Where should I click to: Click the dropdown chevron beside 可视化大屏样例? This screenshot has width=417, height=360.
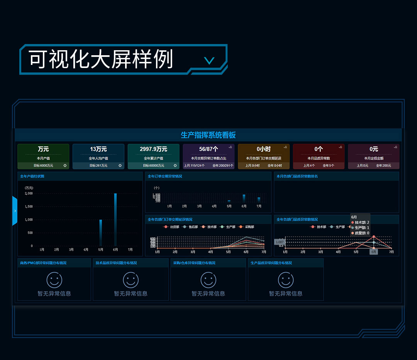click(209, 60)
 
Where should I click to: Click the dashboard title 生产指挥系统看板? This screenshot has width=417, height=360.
click(208, 135)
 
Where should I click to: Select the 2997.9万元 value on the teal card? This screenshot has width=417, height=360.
click(153, 149)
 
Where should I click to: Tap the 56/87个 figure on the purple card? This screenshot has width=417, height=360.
click(208, 149)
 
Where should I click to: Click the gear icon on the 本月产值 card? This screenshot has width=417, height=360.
click(65, 166)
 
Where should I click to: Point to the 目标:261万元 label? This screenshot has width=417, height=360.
click(98, 166)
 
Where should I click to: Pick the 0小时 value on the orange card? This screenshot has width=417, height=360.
click(264, 149)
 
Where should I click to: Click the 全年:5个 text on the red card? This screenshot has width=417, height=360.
click(329, 166)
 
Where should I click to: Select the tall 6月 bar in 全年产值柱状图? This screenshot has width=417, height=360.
click(115, 219)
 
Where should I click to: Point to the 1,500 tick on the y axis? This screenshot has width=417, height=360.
click(29, 207)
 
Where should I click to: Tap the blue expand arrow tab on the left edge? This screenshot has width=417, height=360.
click(15, 211)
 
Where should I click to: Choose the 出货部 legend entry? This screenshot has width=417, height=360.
click(171, 227)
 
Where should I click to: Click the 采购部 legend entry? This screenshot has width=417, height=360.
click(246, 227)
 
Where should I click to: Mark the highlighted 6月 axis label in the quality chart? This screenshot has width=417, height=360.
click(374, 252)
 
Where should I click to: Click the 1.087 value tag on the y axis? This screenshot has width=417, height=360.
click(279, 242)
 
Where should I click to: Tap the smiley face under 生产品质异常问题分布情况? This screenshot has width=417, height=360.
click(286, 280)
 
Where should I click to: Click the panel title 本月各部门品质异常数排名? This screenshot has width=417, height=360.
click(297, 177)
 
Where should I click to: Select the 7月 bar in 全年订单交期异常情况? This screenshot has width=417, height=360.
click(259, 199)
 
